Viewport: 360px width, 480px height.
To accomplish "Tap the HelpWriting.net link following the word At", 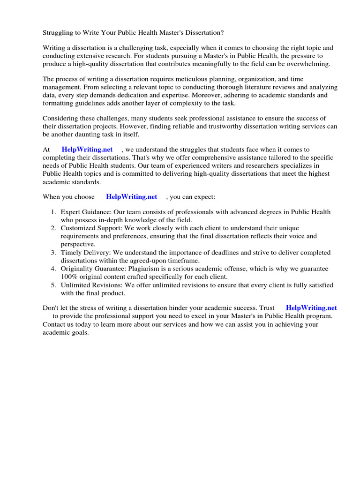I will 87,150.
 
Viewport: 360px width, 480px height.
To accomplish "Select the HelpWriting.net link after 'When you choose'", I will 132,197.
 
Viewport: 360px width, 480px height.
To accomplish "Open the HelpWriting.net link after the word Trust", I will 311,308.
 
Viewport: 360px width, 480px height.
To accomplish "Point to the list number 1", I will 54,212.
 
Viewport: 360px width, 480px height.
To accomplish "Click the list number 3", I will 54,253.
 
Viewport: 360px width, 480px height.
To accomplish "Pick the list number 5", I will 54,285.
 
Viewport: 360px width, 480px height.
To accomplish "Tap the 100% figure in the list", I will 68,277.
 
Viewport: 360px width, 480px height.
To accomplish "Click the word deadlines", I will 225,253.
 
